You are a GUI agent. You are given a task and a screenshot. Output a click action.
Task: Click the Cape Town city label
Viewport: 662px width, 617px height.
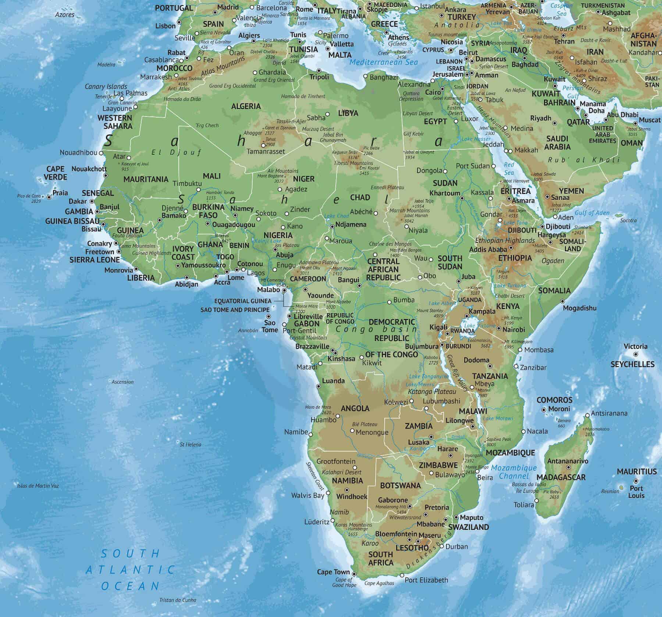(x=333, y=572)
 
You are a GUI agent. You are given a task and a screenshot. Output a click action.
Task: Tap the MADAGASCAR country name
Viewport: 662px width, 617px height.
(x=565, y=477)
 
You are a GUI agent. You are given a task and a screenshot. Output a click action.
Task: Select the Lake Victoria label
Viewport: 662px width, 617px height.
(x=474, y=326)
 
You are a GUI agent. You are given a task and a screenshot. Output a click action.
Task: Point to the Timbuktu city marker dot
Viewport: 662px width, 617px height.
(x=198, y=190)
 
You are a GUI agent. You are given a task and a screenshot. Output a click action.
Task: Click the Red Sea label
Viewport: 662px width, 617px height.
(x=509, y=169)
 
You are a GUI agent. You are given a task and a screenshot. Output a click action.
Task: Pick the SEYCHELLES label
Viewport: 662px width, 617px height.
(x=633, y=364)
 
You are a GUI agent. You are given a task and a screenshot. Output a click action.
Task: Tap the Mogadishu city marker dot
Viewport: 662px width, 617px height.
(x=562, y=301)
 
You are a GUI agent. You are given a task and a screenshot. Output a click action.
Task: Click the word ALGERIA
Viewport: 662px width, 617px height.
(x=246, y=107)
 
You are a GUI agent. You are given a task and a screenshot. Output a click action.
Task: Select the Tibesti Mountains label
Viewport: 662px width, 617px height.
(x=353, y=163)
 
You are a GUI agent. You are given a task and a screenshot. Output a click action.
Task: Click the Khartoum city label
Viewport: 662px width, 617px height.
(x=445, y=193)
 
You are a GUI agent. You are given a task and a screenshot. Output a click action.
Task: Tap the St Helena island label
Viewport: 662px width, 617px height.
(x=191, y=444)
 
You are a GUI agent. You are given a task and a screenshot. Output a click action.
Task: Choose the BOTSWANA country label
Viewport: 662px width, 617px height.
(x=400, y=485)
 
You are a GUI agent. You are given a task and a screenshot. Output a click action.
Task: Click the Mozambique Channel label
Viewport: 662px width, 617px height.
(x=514, y=472)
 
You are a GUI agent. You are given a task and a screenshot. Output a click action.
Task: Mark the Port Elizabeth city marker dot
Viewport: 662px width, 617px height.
(x=402, y=575)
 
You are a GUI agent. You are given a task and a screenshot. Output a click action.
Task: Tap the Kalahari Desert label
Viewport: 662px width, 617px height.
(x=342, y=472)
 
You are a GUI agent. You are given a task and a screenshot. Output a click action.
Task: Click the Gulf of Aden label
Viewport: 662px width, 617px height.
(x=592, y=213)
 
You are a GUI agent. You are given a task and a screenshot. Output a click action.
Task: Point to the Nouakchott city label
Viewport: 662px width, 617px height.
(x=89, y=169)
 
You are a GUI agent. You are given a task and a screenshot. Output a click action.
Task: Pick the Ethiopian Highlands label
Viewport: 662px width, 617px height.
(x=505, y=241)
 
